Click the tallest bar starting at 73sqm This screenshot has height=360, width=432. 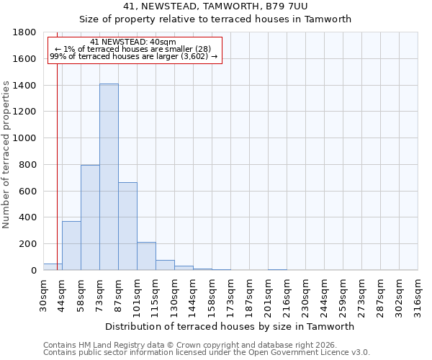pos(109,177)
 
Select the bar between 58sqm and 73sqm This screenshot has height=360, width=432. pos(90,217)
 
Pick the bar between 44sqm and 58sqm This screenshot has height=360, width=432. pos(71,246)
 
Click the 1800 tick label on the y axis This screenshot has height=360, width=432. pos(25,32)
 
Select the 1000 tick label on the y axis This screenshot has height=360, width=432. pos(25,138)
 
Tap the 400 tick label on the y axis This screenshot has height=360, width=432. pos(28,217)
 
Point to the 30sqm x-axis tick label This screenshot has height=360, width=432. pos(44,295)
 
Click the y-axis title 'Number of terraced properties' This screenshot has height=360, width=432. pos(6,155)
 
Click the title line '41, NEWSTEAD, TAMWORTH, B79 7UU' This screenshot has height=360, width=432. pos(215,6)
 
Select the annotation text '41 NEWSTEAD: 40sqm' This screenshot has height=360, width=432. pos(133,42)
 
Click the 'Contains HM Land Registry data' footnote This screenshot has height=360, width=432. pos(189,345)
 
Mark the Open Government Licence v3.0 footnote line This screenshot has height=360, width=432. pos(207,352)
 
